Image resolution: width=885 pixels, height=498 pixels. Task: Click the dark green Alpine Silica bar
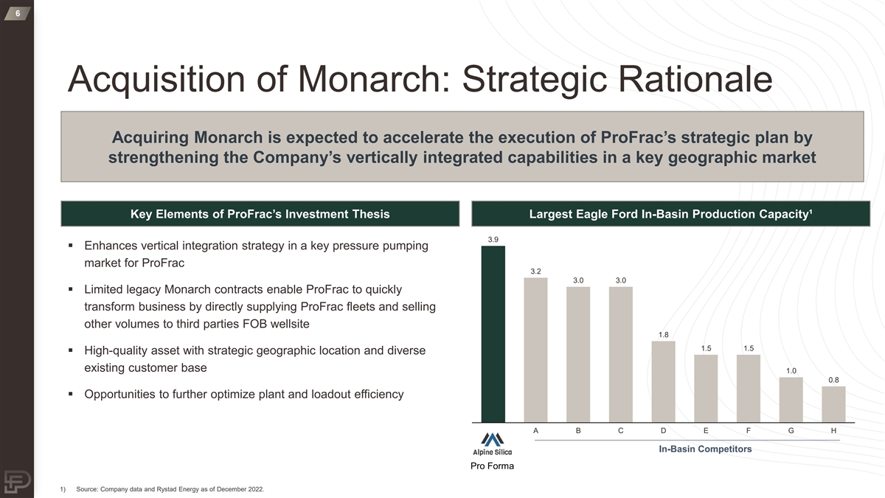(x=493, y=334)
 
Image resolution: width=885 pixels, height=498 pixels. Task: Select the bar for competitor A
(x=535, y=350)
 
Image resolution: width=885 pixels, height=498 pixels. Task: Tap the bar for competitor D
(x=663, y=382)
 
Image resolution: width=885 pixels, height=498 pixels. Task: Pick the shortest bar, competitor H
(x=833, y=404)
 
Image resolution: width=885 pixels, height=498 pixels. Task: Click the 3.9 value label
(x=493, y=240)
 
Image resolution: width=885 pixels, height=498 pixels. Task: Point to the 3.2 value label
(x=535, y=272)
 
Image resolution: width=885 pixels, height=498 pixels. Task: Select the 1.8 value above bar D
(x=663, y=335)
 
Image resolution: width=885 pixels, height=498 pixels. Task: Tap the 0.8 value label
(x=833, y=380)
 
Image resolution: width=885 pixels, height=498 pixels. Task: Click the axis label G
(x=791, y=430)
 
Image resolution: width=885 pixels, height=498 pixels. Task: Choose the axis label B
(x=578, y=430)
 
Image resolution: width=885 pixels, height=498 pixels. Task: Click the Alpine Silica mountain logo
(x=493, y=440)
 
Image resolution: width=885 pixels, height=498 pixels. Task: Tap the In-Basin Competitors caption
(x=705, y=449)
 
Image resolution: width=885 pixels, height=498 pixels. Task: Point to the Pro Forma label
(x=493, y=466)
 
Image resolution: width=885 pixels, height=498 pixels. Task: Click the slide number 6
(x=18, y=13)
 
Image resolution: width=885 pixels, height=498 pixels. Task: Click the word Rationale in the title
(x=695, y=79)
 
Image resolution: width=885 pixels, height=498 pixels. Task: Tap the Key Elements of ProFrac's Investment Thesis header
(x=260, y=214)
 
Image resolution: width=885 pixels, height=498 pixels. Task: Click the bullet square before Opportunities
(x=70, y=394)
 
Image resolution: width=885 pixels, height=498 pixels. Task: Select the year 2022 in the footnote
(x=255, y=489)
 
